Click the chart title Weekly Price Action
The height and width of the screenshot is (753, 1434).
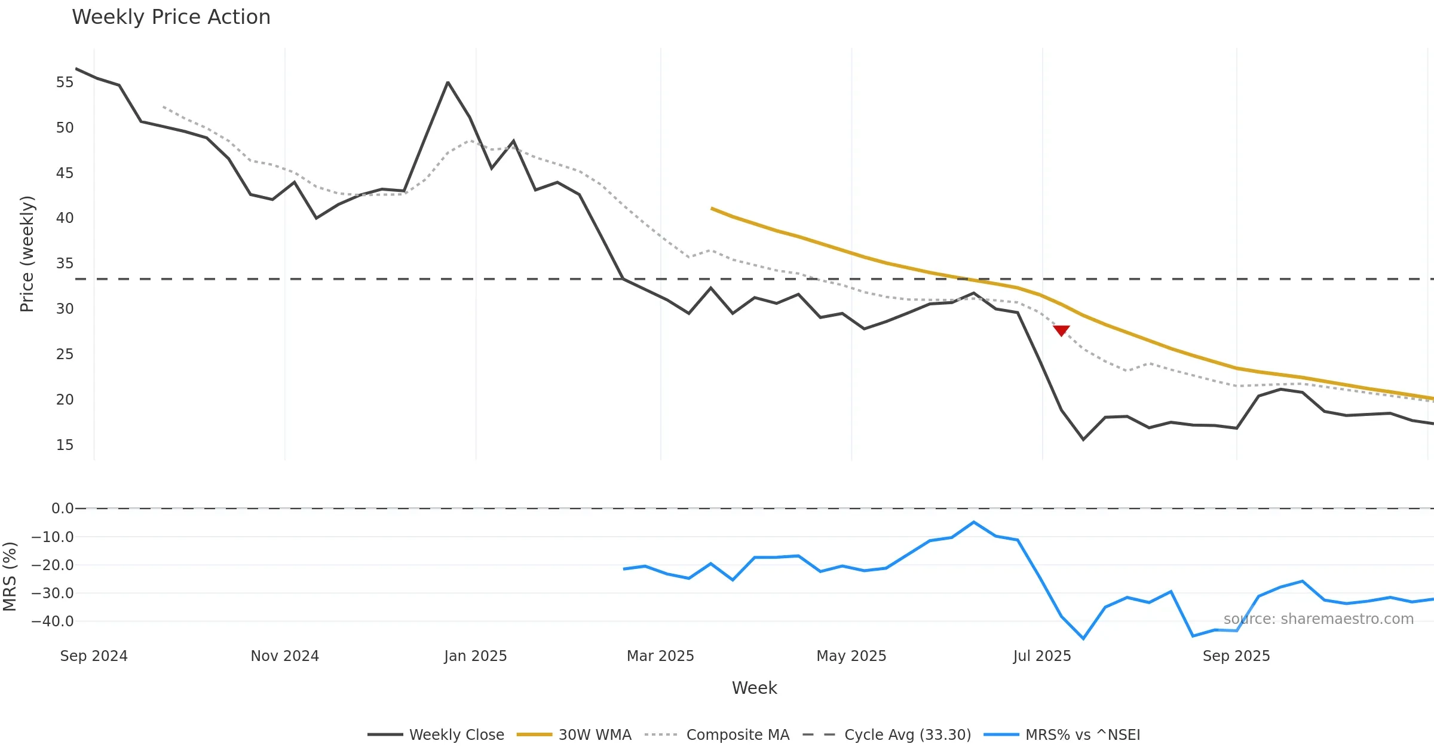(x=171, y=17)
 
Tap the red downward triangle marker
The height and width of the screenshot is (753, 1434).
(x=1061, y=330)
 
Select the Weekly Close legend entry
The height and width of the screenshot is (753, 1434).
(x=436, y=734)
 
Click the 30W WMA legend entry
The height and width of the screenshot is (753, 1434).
(x=574, y=734)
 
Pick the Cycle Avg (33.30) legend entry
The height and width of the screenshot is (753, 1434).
(x=887, y=734)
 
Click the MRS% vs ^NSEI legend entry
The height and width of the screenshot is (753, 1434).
(x=1062, y=734)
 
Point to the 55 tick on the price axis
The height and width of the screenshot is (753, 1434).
(x=65, y=82)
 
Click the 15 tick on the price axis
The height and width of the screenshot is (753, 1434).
(x=65, y=445)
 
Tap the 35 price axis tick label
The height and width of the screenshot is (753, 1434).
(x=65, y=264)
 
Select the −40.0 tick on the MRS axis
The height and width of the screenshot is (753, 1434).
(x=53, y=622)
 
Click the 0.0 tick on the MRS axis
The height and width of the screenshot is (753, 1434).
(x=62, y=509)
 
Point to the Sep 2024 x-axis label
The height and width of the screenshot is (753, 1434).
(x=94, y=656)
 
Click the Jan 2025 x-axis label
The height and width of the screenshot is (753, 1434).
(x=476, y=656)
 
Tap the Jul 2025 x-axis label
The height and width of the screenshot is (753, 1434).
(x=1042, y=656)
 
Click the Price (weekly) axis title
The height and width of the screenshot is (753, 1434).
(x=27, y=254)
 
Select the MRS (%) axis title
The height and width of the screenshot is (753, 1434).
(x=10, y=577)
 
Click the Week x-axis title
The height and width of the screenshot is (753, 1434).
(x=754, y=688)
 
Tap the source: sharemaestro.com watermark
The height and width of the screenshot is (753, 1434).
(x=1318, y=619)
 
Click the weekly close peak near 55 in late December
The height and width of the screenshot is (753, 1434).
(x=448, y=82)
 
